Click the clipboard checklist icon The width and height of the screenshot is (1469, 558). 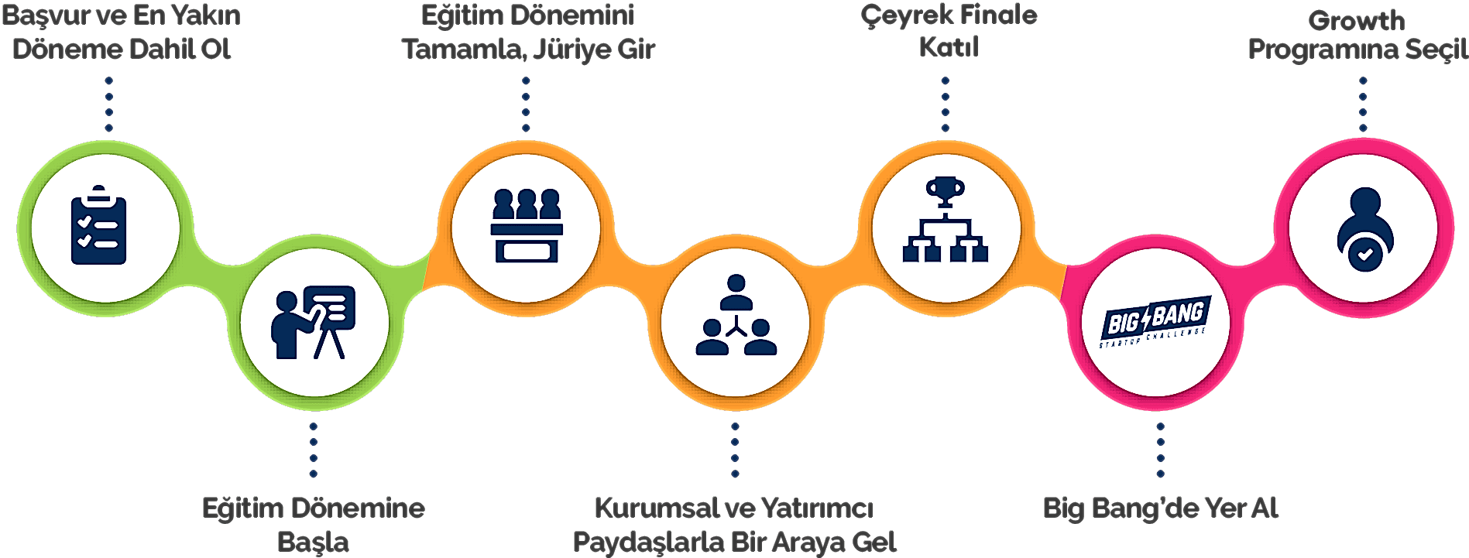click(x=98, y=225)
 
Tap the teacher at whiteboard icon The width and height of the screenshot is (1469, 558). click(x=313, y=323)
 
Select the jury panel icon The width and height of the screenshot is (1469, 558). click(x=527, y=225)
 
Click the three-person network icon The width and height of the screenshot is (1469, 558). click(x=736, y=315)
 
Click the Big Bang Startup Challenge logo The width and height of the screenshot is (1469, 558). click(x=1154, y=322)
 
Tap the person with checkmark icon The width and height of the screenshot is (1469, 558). click(x=1364, y=229)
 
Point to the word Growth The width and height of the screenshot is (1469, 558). click(x=1357, y=20)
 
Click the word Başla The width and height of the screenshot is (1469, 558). click(x=313, y=542)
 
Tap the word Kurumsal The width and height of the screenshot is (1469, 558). click(x=657, y=508)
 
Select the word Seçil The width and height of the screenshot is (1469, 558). click(x=1436, y=50)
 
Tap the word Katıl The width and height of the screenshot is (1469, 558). click(x=949, y=47)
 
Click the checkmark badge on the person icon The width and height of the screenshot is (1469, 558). click(x=1364, y=254)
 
